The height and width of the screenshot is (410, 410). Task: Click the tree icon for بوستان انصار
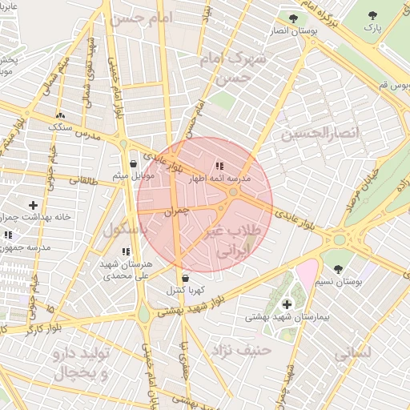294,18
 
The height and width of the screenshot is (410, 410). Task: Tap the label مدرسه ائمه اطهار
219,179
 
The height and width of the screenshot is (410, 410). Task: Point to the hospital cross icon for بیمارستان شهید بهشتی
287,304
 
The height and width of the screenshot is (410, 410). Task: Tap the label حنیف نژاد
241,349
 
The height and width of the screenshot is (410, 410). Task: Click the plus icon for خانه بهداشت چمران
33,206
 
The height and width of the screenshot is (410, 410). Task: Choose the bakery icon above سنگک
61,115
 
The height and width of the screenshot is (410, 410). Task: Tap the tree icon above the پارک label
372,16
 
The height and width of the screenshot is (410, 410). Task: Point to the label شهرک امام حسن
235,69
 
